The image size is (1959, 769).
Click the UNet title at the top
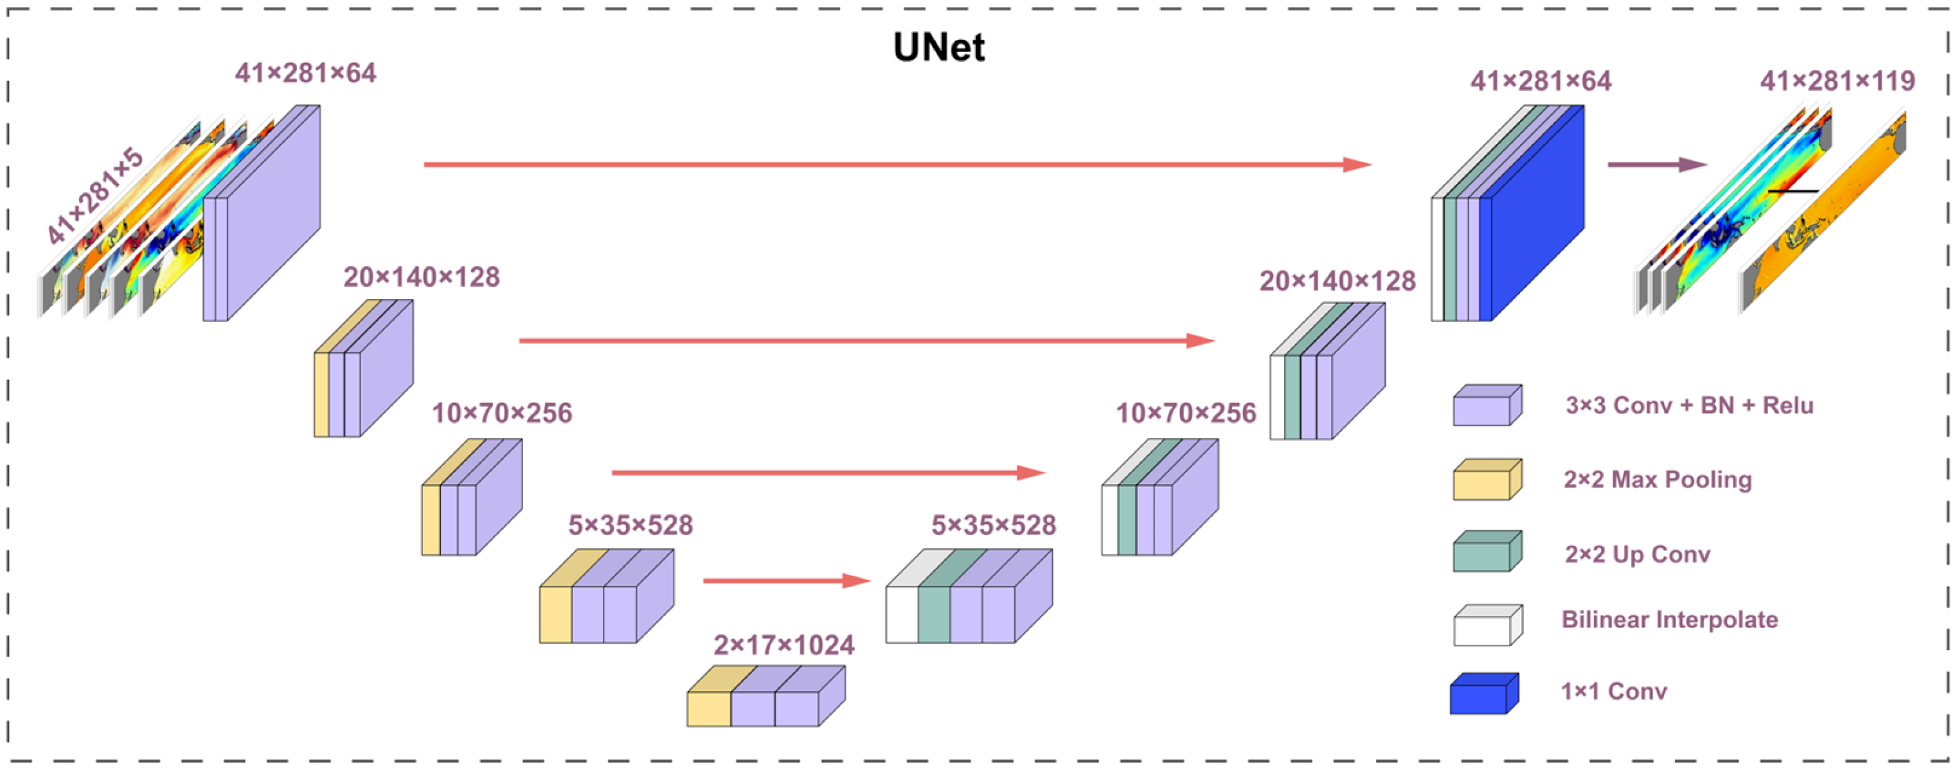tap(938, 47)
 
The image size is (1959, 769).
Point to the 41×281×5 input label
tap(94, 196)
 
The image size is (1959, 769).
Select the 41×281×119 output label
tap(1837, 80)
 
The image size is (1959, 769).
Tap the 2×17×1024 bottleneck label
tap(783, 645)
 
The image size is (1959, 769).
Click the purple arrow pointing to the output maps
tap(1656, 165)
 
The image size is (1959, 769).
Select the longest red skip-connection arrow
tap(897, 165)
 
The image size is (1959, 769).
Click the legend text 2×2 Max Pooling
tap(1657, 479)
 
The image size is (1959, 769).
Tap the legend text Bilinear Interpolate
tap(1669, 619)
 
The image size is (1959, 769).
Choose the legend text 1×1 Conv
tap(1614, 691)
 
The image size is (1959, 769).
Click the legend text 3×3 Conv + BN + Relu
tap(1689, 406)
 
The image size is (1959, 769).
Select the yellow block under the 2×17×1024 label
tap(709, 708)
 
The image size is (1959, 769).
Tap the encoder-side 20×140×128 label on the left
tap(422, 277)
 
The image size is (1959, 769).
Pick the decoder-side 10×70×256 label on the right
tap(1186, 413)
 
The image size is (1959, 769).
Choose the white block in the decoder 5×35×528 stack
tap(902, 615)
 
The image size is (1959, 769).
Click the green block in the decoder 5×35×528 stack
tap(934, 615)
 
